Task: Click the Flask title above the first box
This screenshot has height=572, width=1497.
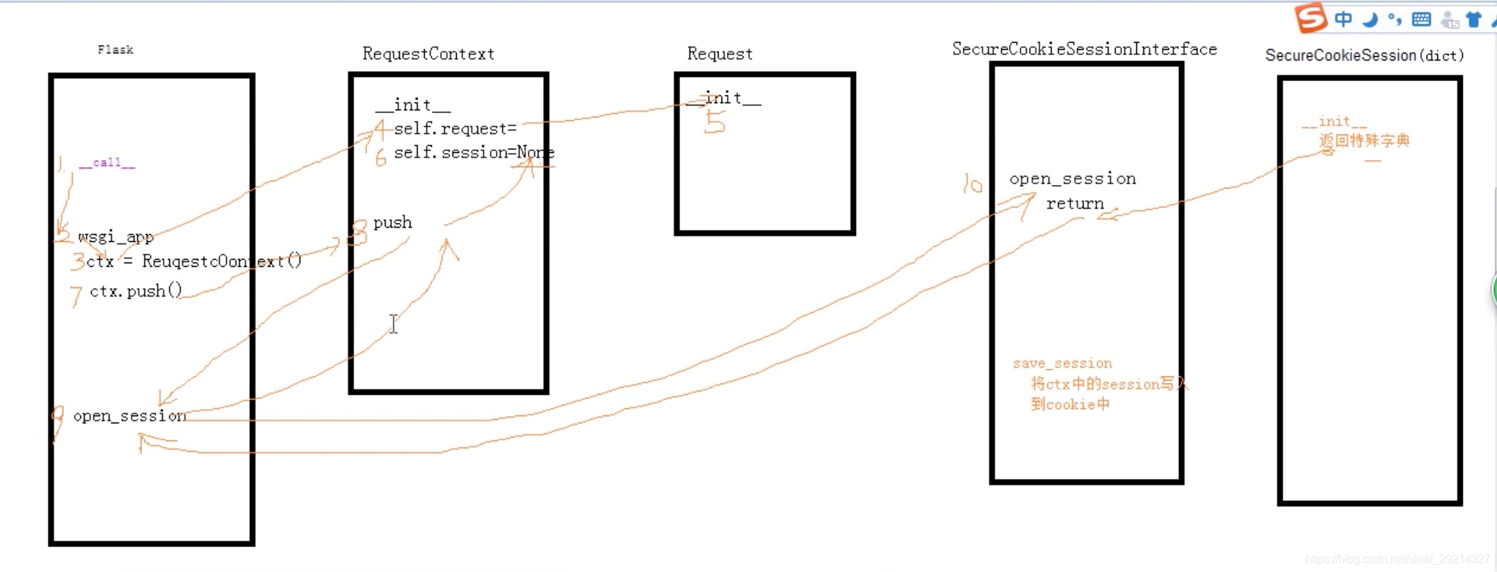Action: pos(115,50)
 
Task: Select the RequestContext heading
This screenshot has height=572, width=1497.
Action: pos(428,54)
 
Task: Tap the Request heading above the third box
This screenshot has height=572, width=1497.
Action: pos(719,54)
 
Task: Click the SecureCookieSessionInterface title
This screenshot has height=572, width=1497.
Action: pos(1084,49)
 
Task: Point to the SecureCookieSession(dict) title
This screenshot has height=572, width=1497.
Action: pos(1364,55)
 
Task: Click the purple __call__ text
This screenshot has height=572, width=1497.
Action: pos(107,163)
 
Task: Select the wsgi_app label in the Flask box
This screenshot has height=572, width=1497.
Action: pos(115,236)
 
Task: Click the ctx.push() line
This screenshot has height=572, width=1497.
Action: pos(136,291)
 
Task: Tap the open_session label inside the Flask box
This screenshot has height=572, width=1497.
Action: pos(129,415)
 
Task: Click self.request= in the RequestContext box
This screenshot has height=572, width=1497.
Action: pos(455,129)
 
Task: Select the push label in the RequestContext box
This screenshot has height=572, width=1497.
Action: pos(392,223)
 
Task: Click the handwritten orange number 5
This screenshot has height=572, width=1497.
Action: pos(714,123)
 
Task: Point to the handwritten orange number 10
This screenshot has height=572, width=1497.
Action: pos(972,184)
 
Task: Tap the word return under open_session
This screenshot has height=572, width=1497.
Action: pos(1074,204)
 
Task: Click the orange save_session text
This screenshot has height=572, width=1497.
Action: pos(1062,364)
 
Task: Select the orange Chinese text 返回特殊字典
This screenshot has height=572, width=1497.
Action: pos(1364,141)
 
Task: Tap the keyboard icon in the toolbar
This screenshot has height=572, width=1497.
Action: pos(1421,19)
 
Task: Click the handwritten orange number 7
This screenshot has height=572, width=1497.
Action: pos(76,295)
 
